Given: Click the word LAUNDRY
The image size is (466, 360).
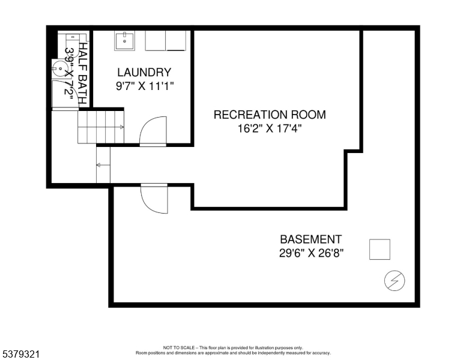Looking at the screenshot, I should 144,72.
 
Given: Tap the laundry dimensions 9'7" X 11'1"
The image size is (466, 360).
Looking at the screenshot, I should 145,86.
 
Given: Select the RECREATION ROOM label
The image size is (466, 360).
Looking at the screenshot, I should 270,115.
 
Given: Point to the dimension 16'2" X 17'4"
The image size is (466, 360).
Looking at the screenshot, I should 270,128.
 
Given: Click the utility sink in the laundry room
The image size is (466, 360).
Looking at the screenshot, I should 125,41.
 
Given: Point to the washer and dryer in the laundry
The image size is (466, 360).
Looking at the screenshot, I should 166,41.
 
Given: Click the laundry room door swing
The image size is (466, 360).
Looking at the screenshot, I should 153,131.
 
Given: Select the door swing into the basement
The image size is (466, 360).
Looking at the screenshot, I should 154,199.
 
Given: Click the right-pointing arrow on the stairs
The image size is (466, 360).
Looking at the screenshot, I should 121,127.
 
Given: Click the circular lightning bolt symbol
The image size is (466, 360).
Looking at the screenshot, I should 395,280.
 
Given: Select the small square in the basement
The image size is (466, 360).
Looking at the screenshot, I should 379,249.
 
